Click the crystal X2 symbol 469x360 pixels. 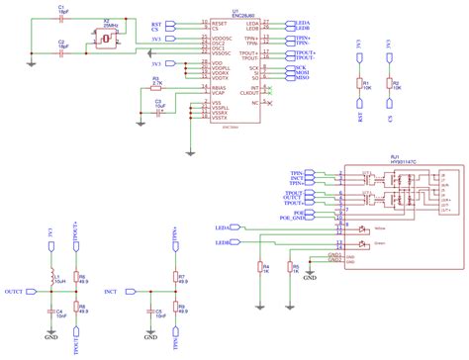click(104, 39)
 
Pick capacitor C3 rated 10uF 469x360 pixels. click(156, 105)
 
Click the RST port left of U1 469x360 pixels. click(156, 23)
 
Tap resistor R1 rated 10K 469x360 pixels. click(362, 85)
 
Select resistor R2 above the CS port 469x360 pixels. click(392, 85)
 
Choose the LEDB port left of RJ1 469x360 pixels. click(224, 240)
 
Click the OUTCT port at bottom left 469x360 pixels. click(15, 293)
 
